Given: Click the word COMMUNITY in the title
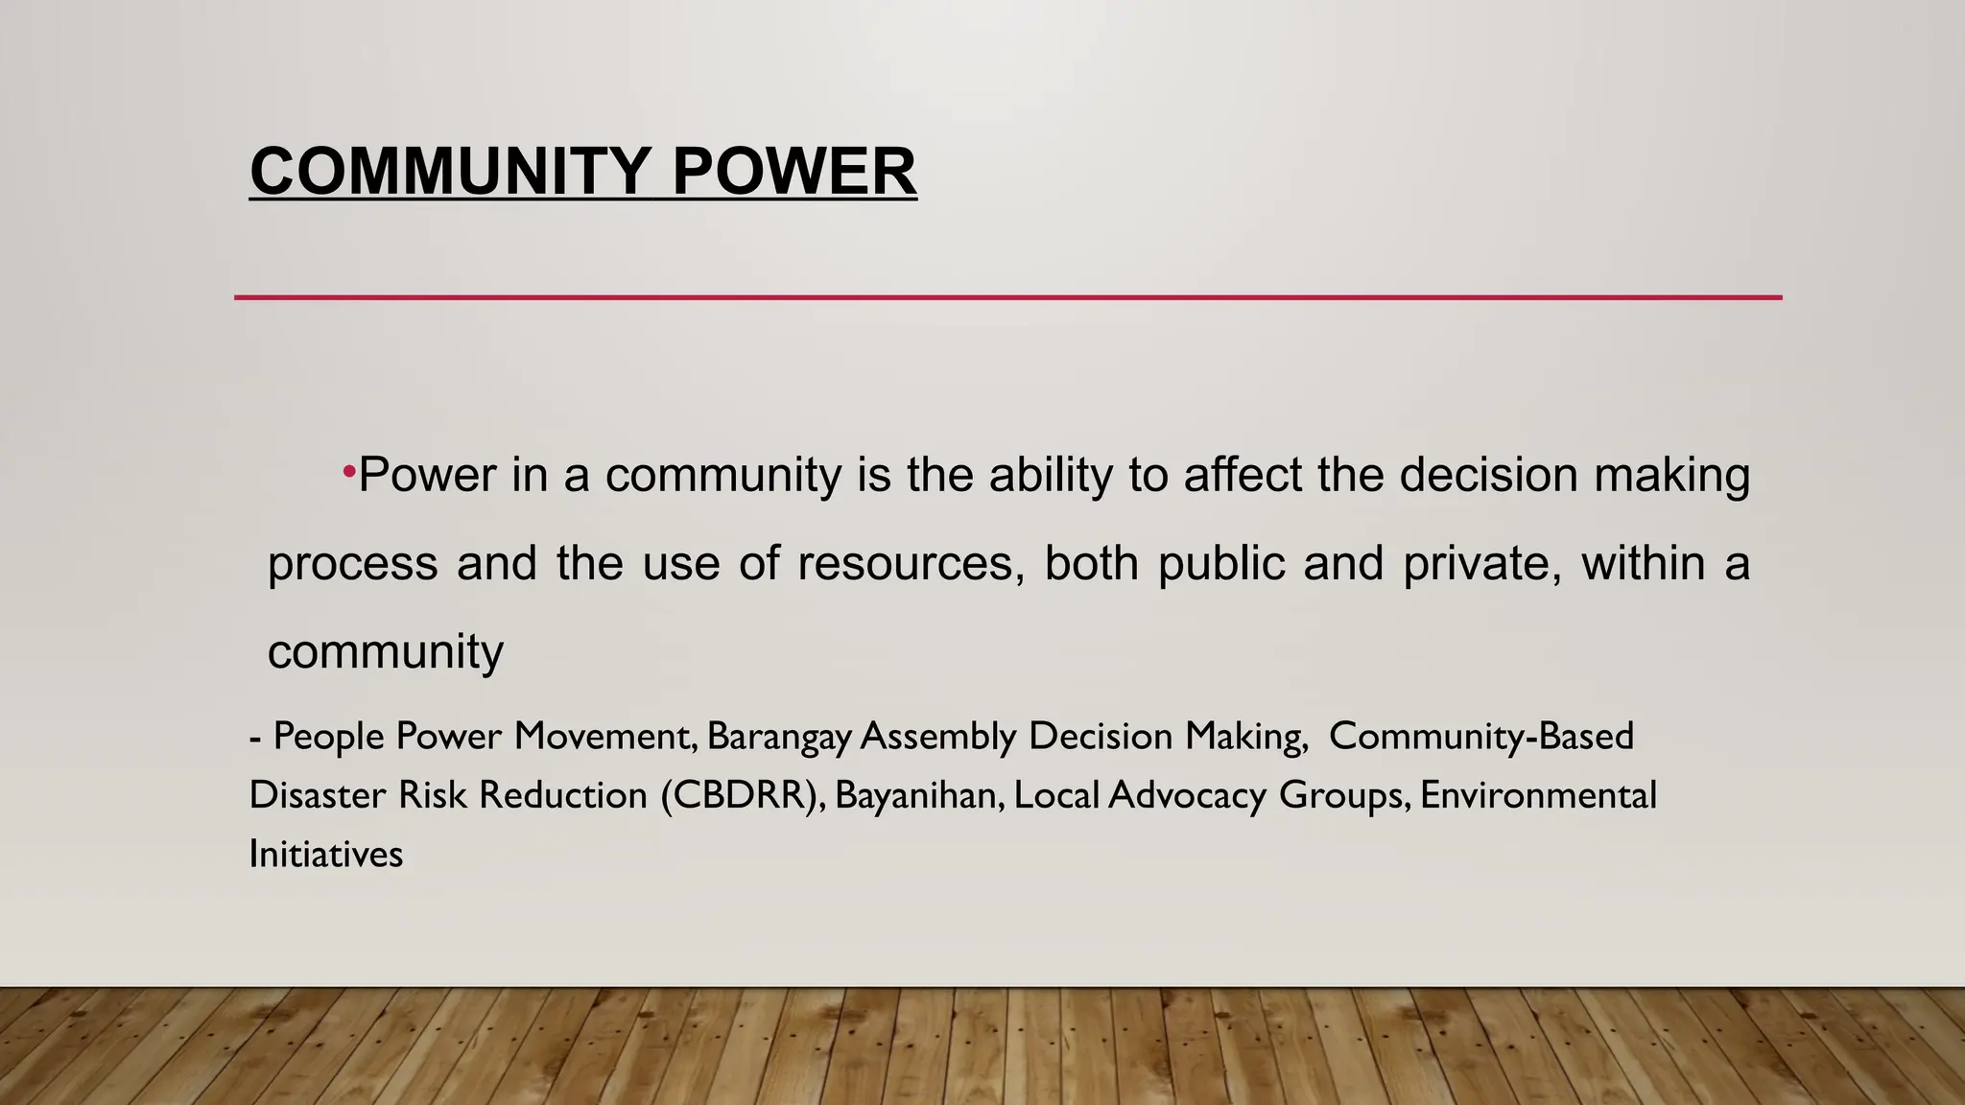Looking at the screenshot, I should pos(450,172).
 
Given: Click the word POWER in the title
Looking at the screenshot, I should pos(793,172).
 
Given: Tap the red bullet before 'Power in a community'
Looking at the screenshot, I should pos(349,471).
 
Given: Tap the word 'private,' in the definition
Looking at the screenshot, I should pos(1481,563).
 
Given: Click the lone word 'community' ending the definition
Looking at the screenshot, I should pos(385,653).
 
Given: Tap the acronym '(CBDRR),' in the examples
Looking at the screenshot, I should pos(743,796).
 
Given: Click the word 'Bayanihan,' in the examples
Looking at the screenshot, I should pos(919,796).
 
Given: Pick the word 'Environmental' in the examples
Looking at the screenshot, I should pos(1538,795).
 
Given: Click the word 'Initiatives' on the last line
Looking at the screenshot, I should pos(325,855).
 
